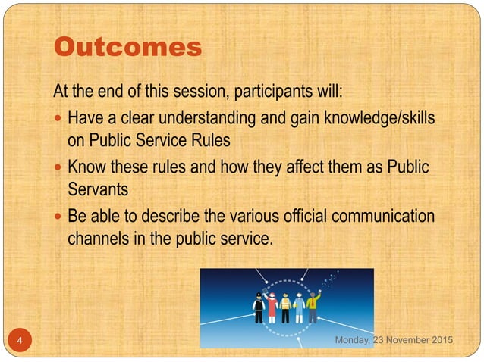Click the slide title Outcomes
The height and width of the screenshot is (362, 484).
pyautogui.click(x=127, y=47)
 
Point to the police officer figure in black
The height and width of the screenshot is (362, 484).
pyautogui.click(x=258, y=309)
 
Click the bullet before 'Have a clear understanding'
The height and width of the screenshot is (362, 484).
pyautogui.click(x=59, y=120)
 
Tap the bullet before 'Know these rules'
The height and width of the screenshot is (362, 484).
pyautogui.click(x=59, y=168)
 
